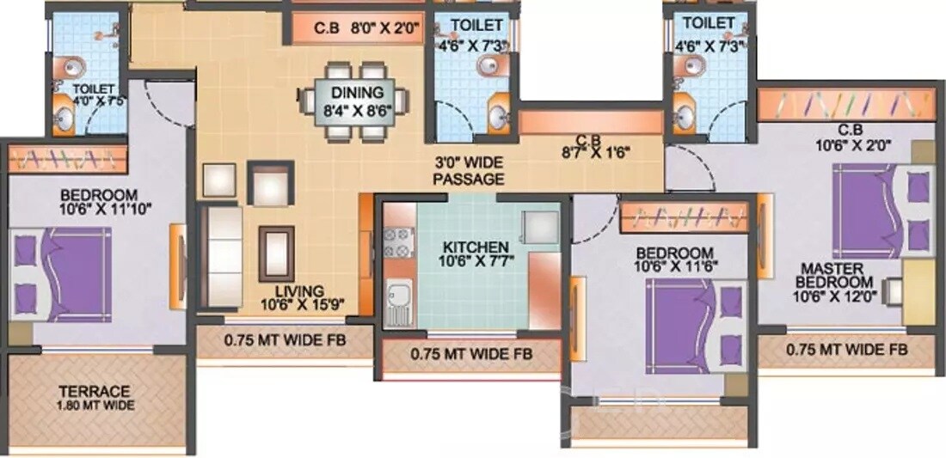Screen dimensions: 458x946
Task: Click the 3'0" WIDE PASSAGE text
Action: point(468,171)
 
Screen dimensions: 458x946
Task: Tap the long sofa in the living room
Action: point(221,255)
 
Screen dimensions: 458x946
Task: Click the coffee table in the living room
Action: point(275,252)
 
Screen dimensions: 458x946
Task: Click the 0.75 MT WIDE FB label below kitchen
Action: point(470,353)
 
